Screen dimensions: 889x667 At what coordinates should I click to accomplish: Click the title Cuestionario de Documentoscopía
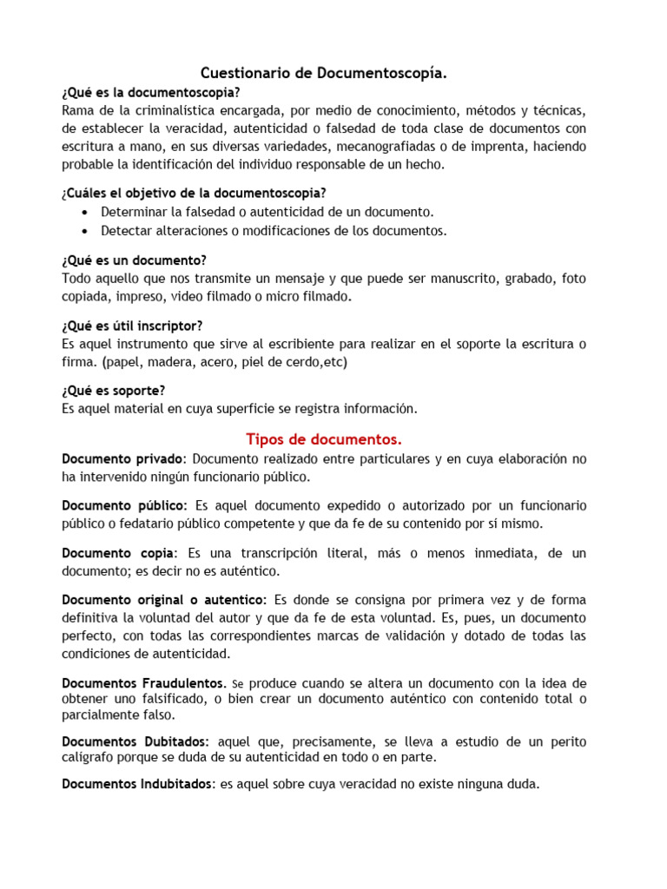pyautogui.click(x=324, y=75)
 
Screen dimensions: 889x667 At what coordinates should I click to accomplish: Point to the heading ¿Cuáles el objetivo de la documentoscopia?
pyautogui.click(x=195, y=193)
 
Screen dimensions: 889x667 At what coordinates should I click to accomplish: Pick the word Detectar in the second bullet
pyautogui.click(x=126, y=230)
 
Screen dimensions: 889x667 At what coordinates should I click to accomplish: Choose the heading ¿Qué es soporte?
pyautogui.click(x=114, y=391)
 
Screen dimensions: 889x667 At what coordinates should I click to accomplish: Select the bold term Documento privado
pyautogui.click(x=122, y=458)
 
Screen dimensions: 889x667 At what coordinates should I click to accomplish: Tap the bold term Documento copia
pyautogui.click(x=118, y=553)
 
